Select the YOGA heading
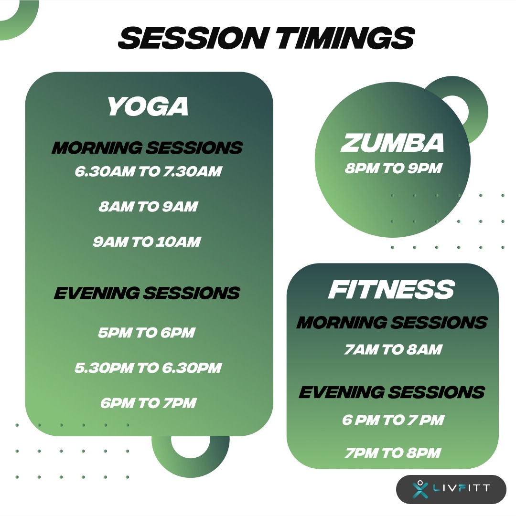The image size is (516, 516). pyautogui.click(x=148, y=106)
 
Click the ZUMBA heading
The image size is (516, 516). pyautogui.click(x=392, y=143)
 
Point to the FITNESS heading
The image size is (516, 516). pyautogui.click(x=391, y=289)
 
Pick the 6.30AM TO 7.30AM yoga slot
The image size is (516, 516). pyautogui.click(x=148, y=171)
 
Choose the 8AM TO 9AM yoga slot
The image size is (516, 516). pyautogui.click(x=148, y=206)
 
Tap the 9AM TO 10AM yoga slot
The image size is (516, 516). pyautogui.click(x=147, y=242)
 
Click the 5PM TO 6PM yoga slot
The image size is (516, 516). pyautogui.click(x=147, y=332)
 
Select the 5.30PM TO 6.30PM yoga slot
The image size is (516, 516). pyautogui.click(x=148, y=368)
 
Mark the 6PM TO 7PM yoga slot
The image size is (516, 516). pyautogui.click(x=149, y=403)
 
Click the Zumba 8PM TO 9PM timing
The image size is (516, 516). pyautogui.click(x=393, y=168)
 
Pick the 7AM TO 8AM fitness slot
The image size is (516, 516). pyautogui.click(x=393, y=349)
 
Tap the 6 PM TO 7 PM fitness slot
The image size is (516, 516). pyautogui.click(x=393, y=420)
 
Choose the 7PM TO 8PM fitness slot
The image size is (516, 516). pyautogui.click(x=393, y=453)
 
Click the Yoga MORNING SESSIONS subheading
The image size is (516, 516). pyautogui.click(x=147, y=147)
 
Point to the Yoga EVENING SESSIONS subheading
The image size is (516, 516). pyautogui.click(x=147, y=293)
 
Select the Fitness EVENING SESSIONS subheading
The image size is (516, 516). pyautogui.click(x=392, y=392)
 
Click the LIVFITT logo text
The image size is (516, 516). pyautogui.click(x=462, y=488)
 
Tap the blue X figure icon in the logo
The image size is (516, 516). pyautogui.click(x=420, y=489)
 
